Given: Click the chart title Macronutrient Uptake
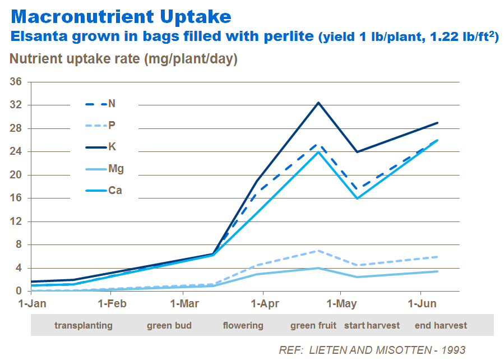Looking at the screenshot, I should tap(121, 16).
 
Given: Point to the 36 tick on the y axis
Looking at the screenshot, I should tap(16, 82).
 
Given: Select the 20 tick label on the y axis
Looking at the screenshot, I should tap(16, 175).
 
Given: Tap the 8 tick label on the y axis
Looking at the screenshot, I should tap(19, 244).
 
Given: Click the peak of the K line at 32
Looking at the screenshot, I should tap(318, 103).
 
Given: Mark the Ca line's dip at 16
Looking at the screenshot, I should tap(357, 199).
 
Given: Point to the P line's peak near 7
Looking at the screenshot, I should tap(318, 251).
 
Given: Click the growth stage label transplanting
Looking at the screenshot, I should tap(84, 325).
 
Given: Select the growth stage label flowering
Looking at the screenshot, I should tap(243, 325).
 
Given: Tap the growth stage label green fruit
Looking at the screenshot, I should tap(313, 325).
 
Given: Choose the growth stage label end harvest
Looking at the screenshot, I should tap(441, 325).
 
